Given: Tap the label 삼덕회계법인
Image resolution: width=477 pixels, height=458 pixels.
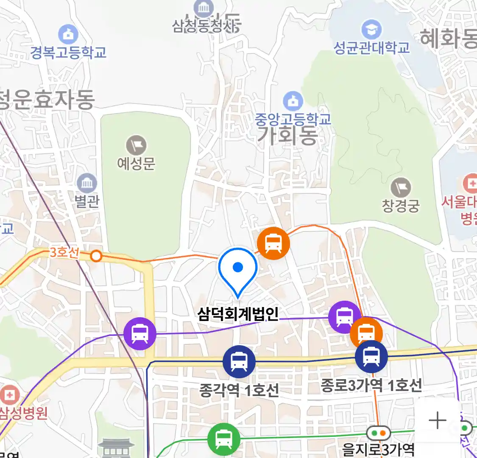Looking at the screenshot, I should [238, 314].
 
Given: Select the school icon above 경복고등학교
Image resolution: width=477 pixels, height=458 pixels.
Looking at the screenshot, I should [68, 34].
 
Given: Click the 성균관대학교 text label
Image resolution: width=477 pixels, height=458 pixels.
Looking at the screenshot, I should [372, 47].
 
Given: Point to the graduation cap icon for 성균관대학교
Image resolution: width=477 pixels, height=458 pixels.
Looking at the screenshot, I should [371, 30].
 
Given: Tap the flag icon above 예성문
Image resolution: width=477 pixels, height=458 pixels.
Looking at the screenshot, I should [136, 145].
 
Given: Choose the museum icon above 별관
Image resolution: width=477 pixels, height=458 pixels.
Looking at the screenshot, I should [87, 184].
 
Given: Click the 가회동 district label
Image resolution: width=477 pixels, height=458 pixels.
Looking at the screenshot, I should [287, 136].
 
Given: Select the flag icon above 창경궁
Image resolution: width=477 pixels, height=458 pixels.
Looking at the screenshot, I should [401, 187].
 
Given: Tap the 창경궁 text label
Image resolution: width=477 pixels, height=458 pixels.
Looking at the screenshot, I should [401, 206].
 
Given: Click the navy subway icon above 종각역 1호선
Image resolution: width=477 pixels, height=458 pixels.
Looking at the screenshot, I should [239, 362].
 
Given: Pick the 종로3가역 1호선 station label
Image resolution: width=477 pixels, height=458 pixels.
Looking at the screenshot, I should [371, 385].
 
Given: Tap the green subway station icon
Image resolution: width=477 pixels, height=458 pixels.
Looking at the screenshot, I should [223, 440].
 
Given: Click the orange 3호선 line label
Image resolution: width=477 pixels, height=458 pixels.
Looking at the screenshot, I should [64, 252].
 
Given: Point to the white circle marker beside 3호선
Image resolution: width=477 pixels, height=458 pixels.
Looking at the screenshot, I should [96, 256].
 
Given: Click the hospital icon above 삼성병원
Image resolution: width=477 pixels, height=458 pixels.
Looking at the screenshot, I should [9, 395].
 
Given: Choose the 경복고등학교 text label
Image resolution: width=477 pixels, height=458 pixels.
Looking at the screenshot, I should [68, 53].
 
